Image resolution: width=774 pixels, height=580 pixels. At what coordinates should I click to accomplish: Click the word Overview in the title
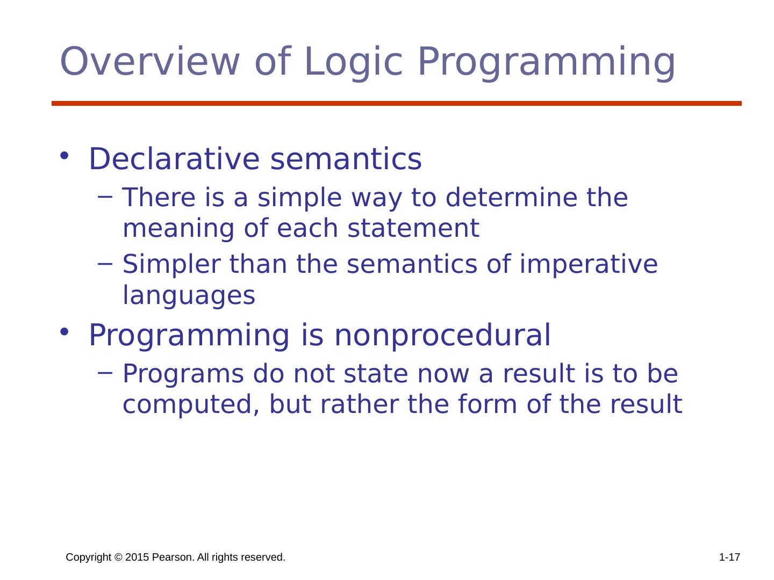coord(150,61)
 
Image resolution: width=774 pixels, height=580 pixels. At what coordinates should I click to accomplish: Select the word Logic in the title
coord(353,64)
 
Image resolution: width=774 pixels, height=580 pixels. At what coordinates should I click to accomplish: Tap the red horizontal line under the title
coord(397,103)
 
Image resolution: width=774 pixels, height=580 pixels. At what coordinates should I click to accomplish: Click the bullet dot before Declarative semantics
coord(64,155)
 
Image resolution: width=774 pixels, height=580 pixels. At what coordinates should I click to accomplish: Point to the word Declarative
coord(175,159)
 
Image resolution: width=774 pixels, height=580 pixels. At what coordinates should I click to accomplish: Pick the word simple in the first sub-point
coord(299,198)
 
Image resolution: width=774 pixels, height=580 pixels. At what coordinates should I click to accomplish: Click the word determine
coord(511,197)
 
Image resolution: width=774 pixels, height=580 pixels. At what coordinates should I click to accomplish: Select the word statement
coord(413,228)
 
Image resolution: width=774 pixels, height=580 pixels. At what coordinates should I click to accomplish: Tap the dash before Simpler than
coord(105,263)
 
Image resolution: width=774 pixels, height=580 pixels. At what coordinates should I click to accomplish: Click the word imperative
coord(589,265)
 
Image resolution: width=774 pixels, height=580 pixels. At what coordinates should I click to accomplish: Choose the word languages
coord(189,296)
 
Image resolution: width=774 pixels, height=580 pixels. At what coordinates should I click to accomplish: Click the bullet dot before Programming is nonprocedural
coord(64,331)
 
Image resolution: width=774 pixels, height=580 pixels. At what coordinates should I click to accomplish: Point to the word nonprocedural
coord(442,336)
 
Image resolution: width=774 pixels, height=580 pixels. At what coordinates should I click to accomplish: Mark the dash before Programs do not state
coord(105,372)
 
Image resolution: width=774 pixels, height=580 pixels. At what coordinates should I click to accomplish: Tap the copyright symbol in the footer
coord(118,557)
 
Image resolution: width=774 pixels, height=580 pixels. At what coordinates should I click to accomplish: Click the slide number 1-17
coord(729,557)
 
